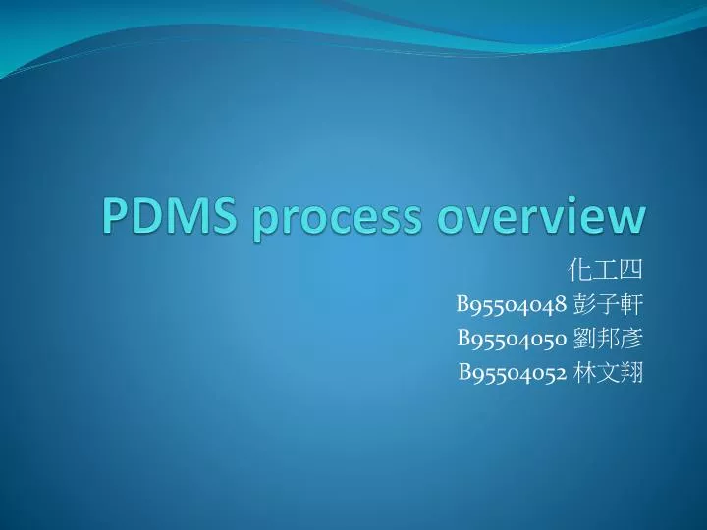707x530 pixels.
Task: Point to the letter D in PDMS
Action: pyautogui.click(x=142, y=215)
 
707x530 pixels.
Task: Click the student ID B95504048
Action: pyautogui.click(x=513, y=305)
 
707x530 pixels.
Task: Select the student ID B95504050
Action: pyautogui.click(x=513, y=339)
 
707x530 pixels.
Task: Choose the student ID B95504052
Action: pyautogui.click(x=513, y=371)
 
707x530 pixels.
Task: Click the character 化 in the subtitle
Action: pyautogui.click(x=583, y=272)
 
